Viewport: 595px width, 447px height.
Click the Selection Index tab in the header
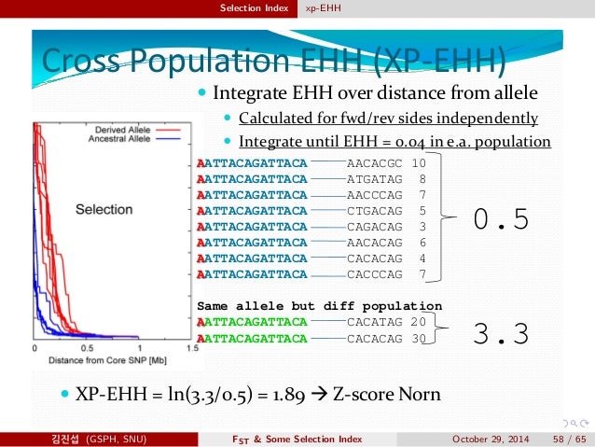pyautogui.click(x=255, y=8)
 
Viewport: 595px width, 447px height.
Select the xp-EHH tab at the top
pyautogui.click(x=321, y=8)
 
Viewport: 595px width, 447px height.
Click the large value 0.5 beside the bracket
pyautogui.click(x=501, y=218)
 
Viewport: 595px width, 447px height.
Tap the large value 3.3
pyautogui.click(x=501, y=333)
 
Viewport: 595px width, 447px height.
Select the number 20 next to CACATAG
pyautogui.click(x=418, y=322)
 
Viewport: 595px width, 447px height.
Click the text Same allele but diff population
pyautogui.click(x=319, y=306)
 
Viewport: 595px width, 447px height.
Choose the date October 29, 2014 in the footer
pyautogui.click(x=489, y=439)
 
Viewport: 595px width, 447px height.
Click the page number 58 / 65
pyautogui.click(x=568, y=439)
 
